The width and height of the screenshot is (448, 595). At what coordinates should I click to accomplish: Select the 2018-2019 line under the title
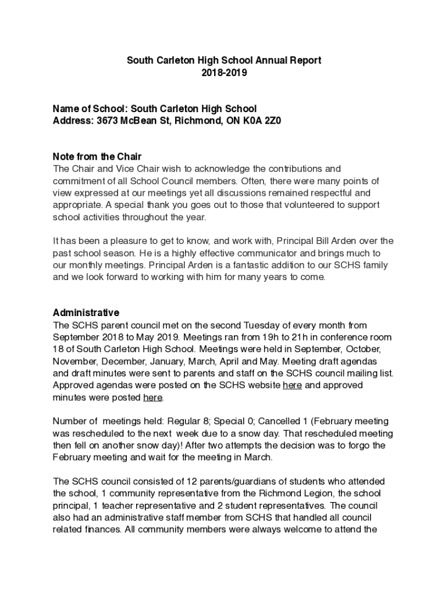(x=224, y=73)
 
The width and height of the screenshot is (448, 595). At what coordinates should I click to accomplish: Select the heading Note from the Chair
(x=97, y=157)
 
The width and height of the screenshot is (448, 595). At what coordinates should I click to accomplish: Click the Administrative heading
(x=86, y=313)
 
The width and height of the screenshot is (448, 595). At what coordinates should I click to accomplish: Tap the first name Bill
(x=311, y=241)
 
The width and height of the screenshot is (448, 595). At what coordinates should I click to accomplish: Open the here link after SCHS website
(x=292, y=385)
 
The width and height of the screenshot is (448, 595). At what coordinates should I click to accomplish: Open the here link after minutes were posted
(x=152, y=397)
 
